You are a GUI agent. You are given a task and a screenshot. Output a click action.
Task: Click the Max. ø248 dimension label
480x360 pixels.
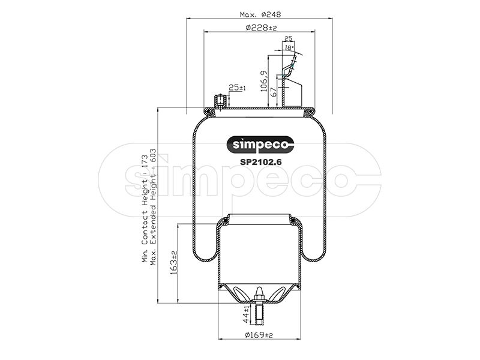[260, 14]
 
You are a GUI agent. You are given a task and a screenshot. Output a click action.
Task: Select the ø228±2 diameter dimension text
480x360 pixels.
[261, 28]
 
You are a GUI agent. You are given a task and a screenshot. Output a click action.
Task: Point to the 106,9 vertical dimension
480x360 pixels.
[264, 81]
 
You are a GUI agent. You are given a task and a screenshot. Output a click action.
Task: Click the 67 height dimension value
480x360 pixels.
[274, 92]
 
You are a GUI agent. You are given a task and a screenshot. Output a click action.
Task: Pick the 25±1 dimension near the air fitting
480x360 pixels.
[237, 88]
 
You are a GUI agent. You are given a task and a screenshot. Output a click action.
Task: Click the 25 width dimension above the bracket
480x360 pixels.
[288, 38]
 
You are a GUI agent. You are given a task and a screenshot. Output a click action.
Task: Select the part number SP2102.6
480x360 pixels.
[260, 162]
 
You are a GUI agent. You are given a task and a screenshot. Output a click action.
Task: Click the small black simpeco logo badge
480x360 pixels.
[260, 145]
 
